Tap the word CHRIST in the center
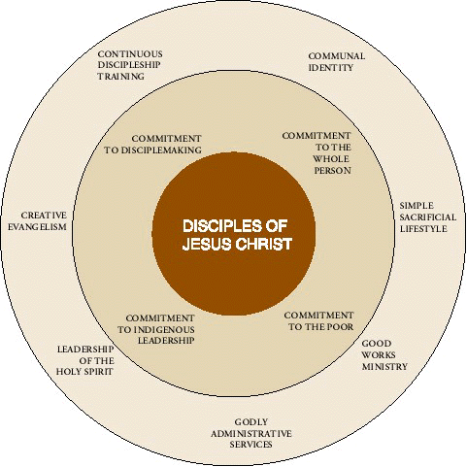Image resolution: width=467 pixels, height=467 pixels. (264, 244)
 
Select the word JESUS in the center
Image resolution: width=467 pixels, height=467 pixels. (207, 244)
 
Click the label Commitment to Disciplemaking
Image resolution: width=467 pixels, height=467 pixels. (152, 145)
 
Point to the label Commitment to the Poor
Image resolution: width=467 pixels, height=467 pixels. (318, 321)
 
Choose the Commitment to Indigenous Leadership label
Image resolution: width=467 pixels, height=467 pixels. (156, 329)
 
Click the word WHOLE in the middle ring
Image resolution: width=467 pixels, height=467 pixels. (331, 159)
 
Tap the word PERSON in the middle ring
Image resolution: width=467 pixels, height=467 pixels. (332, 171)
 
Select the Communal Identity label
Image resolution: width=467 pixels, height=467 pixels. (337, 62)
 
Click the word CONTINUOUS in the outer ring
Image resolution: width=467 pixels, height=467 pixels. (130, 53)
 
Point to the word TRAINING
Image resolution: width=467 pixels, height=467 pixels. (121, 77)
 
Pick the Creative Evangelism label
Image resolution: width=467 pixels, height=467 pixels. (37, 221)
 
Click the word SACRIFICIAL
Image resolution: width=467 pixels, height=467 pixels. (428, 217)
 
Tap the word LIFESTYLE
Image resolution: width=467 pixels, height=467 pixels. (423, 229)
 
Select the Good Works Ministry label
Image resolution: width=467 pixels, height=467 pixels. (384, 355)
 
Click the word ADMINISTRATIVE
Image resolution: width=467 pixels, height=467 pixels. (251, 433)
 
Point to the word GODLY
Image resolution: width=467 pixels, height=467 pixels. (251, 422)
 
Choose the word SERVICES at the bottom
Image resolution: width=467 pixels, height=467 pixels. (250, 445)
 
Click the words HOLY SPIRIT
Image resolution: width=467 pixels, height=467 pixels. (84, 371)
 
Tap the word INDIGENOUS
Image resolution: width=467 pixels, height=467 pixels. (164, 329)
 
